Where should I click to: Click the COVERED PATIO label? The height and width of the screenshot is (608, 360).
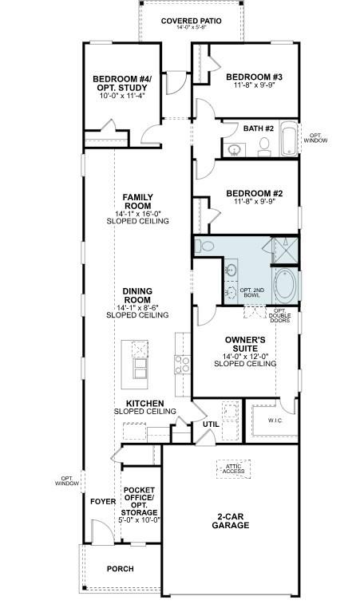191,20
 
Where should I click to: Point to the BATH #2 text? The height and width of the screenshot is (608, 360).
259,128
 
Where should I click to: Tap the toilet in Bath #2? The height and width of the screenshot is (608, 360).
265,146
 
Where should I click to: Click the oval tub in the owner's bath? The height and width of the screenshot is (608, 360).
285,284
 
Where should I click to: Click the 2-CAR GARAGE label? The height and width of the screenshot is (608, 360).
231,520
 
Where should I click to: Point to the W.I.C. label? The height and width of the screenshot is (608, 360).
275,420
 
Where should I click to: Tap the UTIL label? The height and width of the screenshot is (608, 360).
210,424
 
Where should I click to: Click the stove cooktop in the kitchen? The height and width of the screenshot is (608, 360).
182,365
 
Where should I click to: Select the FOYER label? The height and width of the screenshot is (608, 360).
102,502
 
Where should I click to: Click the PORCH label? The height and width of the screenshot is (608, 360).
121,569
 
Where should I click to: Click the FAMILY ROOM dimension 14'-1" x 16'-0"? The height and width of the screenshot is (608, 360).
137,213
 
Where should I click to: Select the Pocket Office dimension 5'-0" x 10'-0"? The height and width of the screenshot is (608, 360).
140,519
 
